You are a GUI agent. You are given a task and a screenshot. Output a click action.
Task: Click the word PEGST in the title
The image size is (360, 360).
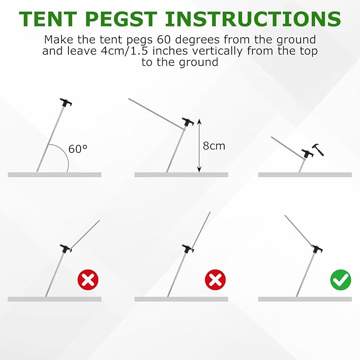point(121,19)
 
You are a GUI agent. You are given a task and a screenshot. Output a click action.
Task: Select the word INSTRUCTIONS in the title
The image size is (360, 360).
point(253,19)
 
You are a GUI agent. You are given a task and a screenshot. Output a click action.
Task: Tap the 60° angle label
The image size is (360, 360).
point(78,149)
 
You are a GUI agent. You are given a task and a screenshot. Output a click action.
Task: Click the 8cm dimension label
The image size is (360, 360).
point(214,146)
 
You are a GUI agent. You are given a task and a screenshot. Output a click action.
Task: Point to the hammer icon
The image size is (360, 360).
point(318,150)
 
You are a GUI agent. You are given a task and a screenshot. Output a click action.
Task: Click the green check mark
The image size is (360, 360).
point(341,279)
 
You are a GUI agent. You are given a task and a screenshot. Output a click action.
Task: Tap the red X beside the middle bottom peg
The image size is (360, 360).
point(215,279)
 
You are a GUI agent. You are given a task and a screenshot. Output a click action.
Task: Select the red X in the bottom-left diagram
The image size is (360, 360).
point(88,279)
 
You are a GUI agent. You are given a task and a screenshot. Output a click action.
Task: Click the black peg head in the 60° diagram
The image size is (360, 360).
point(66,102)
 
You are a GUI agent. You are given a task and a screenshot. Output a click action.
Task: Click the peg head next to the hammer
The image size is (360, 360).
point(308,153)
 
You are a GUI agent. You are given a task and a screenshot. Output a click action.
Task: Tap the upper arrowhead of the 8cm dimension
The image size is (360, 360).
point(199,121)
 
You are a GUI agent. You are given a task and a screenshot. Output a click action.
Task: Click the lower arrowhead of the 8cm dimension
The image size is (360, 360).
point(199,170)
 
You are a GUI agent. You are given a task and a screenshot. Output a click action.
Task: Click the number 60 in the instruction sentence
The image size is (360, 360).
point(164,39)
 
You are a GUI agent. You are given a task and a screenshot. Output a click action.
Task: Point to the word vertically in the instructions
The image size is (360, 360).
point(217,51)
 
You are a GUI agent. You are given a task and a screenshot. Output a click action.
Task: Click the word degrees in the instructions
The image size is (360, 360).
point(197,40)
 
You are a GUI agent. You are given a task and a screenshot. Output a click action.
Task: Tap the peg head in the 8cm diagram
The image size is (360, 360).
point(188,122)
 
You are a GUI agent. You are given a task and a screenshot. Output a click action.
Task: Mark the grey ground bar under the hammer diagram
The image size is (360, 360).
point(305,175)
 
